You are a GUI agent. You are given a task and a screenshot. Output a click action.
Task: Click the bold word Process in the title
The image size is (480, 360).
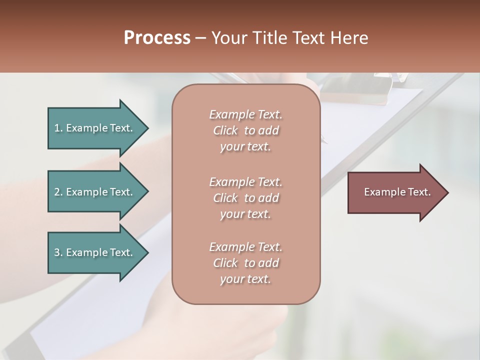tap(157, 38)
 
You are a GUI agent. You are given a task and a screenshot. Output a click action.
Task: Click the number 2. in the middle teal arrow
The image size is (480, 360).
tap(58, 192)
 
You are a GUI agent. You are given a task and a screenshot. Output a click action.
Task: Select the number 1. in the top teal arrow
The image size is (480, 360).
tap(58, 128)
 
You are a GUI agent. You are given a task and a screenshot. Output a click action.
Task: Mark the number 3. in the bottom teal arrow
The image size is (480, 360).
tap(58, 252)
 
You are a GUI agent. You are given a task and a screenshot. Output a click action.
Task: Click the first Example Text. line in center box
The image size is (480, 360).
tap(245, 114)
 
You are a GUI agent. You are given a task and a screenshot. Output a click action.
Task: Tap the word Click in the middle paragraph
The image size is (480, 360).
tap(225, 198)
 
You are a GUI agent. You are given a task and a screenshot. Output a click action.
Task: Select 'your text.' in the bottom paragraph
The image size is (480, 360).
tap(245, 279)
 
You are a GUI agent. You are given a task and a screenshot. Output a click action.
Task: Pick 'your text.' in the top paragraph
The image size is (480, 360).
tap(245, 146)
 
